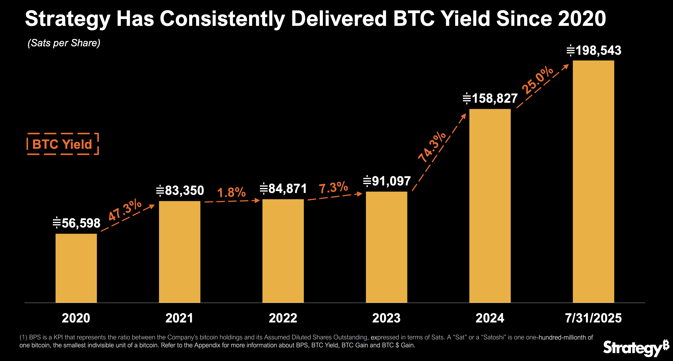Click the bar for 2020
coord(76,268)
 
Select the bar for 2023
coord(386,247)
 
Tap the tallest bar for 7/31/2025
coord(593,181)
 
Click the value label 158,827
coord(490,98)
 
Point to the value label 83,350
coord(180,190)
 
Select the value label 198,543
coord(594,51)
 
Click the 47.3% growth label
coord(125,209)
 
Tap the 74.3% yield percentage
coord(432,147)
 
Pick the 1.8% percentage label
coord(231,192)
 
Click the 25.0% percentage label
coord(537,80)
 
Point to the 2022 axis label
coord(283,318)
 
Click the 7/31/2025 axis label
coord(593,318)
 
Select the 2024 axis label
coord(490,318)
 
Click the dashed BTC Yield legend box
coord(63,144)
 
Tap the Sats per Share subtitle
coord(64,43)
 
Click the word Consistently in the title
coord(222,19)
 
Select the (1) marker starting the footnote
coord(23,337)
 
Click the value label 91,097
coord(387,181)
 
